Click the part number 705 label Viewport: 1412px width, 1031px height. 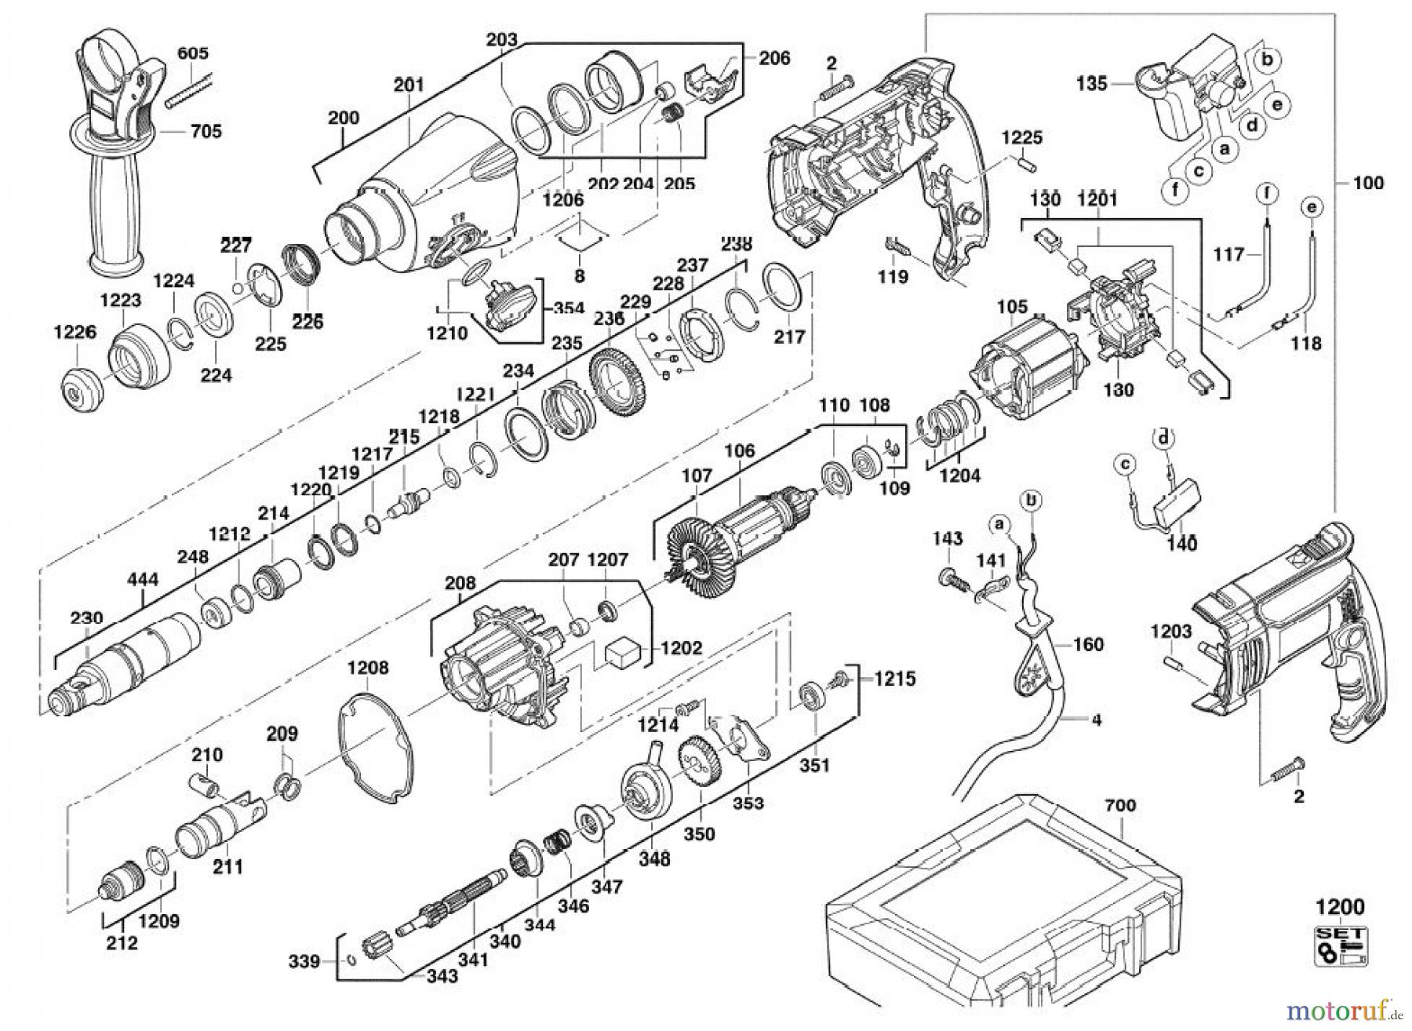click(x=206, y=131)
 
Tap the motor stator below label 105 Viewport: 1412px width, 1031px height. click(x=1028, y=377)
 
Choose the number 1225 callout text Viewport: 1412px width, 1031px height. click(x=1021, y=138)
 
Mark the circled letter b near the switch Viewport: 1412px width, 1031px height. click(x=1267, y=59)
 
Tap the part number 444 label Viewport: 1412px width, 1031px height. click(x=144, y=580)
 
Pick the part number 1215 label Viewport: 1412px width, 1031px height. click(x=894, y=678)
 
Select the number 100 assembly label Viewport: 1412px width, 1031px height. click(x=1368, y=183)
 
